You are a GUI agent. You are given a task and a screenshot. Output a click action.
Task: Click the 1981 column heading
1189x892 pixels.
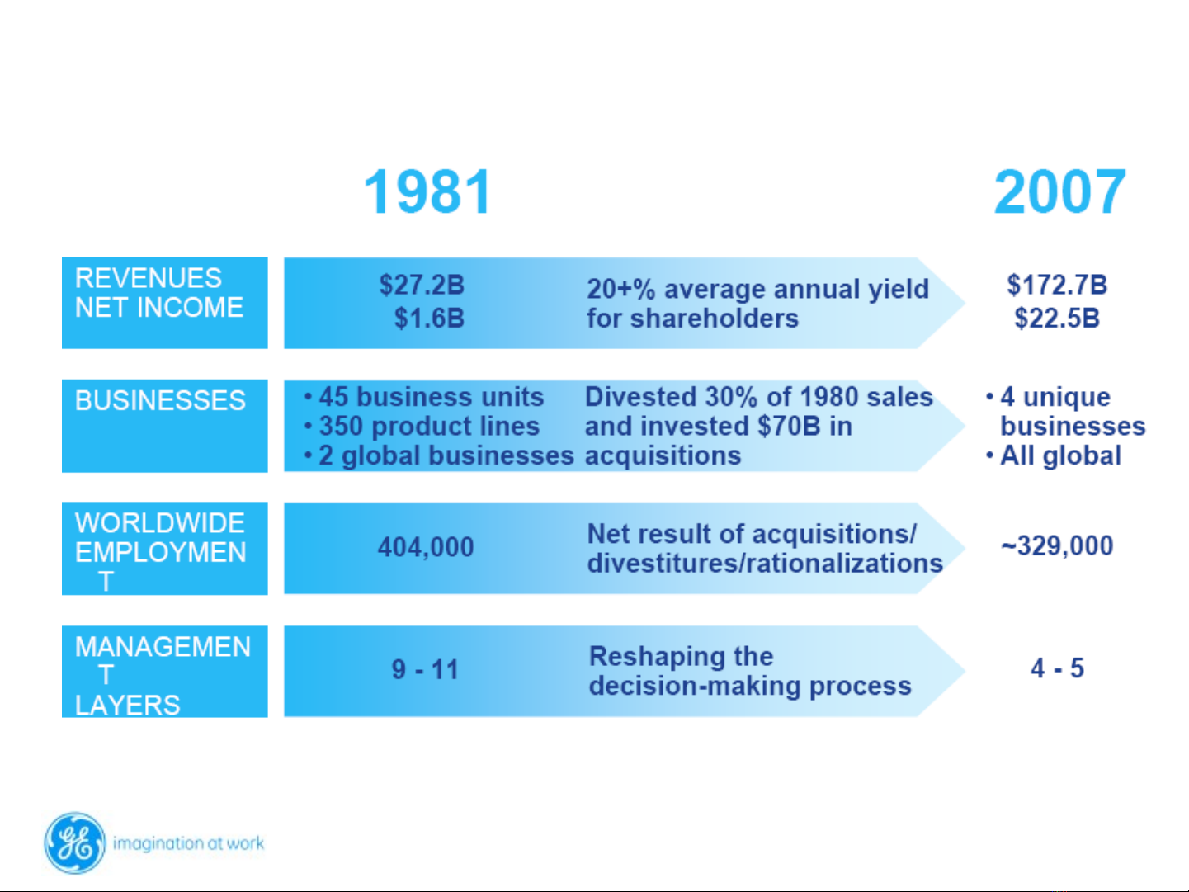tap(427, 192)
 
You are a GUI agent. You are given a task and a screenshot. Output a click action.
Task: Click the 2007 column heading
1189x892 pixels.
tap(1059, 192)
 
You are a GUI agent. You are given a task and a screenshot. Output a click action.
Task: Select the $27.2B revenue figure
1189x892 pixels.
tap(422, 286)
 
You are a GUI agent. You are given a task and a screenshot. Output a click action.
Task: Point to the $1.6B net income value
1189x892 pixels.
tap(429, 319)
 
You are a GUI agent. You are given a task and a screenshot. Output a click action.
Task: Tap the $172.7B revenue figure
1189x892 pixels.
tap(1057, 286)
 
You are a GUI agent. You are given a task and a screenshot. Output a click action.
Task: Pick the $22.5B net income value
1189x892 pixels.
tap(1057, 319)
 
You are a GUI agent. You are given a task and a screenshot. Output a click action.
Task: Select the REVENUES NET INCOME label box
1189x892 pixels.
tap(164, 302)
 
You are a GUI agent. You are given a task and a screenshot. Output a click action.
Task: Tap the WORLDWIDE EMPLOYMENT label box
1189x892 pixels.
tap(164, 548)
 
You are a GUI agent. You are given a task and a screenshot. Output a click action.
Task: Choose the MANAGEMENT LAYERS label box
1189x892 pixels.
tap(164, 671)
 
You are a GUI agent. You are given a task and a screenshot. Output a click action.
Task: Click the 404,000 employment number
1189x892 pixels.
tap(426, 547)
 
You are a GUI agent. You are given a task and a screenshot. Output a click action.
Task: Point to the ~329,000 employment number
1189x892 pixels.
tap(1057, 546)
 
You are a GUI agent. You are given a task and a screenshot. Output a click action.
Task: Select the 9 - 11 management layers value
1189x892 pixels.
tap(425, 669)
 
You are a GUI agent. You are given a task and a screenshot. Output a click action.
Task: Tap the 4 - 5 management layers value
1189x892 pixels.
tap(1057, 668)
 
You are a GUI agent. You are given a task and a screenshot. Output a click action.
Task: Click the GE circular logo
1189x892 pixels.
tap(75, 842)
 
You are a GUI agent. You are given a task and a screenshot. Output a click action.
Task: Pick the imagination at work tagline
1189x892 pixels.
tap(188, 843)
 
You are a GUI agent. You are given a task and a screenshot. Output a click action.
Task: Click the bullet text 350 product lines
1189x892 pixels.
tap(428, 427)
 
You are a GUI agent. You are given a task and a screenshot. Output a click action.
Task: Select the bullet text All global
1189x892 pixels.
tap(1060, 455)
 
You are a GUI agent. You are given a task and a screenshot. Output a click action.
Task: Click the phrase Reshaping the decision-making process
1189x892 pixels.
tap(749, 671)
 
